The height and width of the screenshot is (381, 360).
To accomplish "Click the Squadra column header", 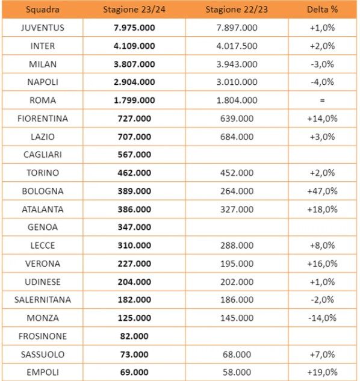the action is pos(43,10).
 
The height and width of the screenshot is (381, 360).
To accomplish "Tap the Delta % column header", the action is pos(322,10).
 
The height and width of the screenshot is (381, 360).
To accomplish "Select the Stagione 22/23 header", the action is pos(237,10).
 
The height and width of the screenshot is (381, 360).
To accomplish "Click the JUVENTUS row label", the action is pos(43,28).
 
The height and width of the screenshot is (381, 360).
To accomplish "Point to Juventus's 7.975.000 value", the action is pos(134,28).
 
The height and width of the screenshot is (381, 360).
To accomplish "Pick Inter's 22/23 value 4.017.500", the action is pos(237,46).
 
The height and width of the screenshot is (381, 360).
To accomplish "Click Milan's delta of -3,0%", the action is pos(322,64).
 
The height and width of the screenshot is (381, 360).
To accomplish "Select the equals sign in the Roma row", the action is pos(322,100).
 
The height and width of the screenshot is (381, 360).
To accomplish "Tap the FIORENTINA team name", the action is pos(43,119).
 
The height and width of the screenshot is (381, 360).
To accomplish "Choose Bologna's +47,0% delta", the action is pos(322,191).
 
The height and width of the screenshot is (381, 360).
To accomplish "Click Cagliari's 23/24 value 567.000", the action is pos(134,155).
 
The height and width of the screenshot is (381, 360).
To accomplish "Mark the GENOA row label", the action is pos(43,227).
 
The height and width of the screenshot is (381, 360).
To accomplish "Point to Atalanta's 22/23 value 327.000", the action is pos(237,209).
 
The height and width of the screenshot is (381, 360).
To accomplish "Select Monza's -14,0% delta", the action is pos(322,318).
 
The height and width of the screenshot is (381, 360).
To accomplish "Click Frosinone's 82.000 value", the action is pos(134,336).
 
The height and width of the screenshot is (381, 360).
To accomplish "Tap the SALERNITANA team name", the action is pos(43,300).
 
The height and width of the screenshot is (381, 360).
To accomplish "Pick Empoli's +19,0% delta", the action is pos(322,372).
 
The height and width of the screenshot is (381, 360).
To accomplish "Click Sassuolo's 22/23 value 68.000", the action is pos(237,355).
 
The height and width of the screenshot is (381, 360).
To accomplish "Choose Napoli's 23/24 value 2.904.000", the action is pos(134,82).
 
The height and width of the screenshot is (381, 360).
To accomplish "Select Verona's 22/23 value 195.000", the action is pos(237,264).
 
